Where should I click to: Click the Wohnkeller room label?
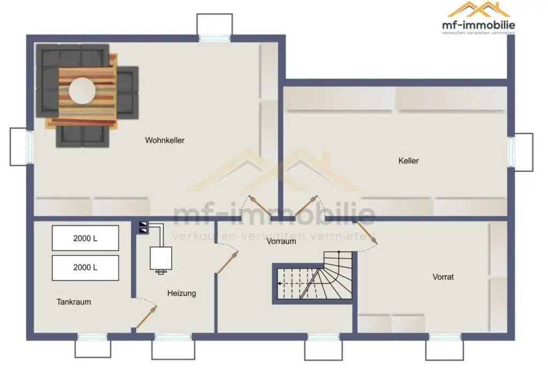165,140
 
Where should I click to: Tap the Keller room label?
408,161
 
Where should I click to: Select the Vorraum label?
281,241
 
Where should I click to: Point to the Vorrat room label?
443,277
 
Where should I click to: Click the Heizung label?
181,293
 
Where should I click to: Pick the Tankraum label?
74,302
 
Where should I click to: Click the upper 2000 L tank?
85,238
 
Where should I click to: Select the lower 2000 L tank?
85,268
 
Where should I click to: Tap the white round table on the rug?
82,91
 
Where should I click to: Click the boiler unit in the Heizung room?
161,259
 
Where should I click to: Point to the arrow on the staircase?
290,283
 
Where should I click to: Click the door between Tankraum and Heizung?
147,317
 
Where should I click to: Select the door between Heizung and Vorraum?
228,262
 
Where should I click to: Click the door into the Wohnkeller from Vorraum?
260,206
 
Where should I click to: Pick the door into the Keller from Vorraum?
307,206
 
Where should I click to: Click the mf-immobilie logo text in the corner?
478,25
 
